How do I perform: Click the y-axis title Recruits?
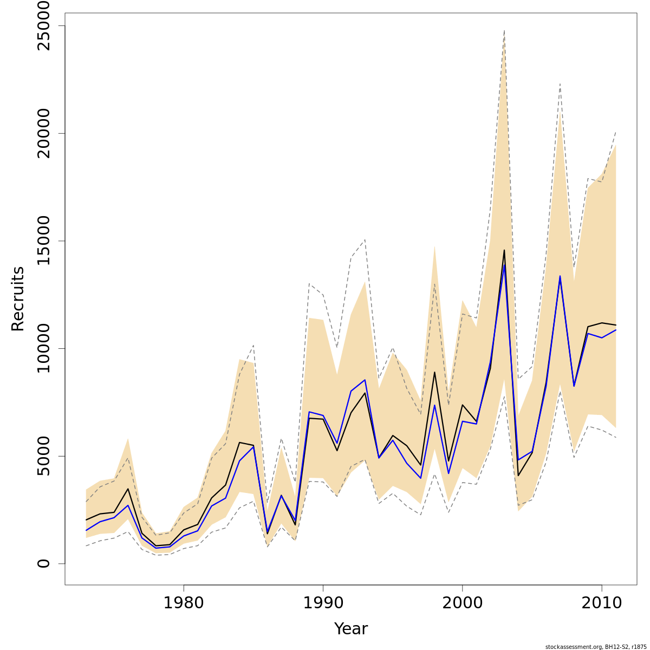point(18,298)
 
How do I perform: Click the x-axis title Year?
point(350,629)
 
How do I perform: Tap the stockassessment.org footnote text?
point(596,647)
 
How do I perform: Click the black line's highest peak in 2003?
point(504,250)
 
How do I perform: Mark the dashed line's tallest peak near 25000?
point(504,30)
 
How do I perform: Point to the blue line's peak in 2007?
point(560,276)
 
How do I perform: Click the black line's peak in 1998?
point(434,372)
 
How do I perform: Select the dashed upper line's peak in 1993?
point(365,239)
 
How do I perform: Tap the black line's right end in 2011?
point(616,325)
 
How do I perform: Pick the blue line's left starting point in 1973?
point(86,530)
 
